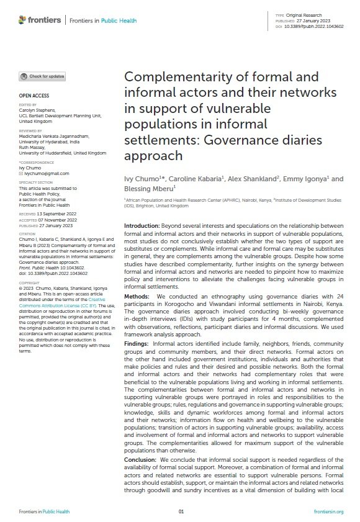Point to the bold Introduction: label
pos(143,225)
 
